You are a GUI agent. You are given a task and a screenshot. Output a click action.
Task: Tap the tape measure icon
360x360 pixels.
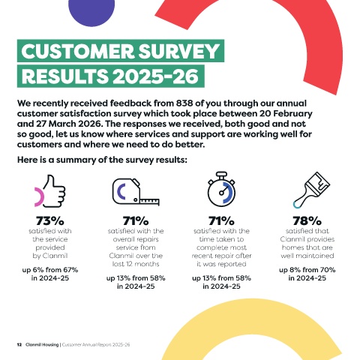pyautogui.click(x=136, y=192)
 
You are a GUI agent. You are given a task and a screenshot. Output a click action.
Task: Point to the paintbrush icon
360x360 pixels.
pyautogui.click(x=312, y=190)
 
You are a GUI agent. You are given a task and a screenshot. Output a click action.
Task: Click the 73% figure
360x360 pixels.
pyautogui.click(x=50, y=220)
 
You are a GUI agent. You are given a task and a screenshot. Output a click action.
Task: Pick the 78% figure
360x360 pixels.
pyautogui.click(x=307, y=220)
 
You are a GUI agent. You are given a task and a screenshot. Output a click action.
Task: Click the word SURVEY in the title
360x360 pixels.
pyautogui.click(x=179, y=51)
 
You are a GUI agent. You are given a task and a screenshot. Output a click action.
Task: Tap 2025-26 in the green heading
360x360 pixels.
pyautogui.click(x=155, y=76)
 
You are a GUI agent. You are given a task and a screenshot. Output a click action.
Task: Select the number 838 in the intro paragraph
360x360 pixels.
pyautogui.click(x=184, y=103)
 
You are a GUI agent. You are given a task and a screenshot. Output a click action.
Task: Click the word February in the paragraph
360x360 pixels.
pyautogui.click(x=292, y=114)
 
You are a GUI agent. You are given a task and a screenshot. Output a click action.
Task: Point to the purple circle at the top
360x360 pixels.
pyautogui.click(x=91, y=11)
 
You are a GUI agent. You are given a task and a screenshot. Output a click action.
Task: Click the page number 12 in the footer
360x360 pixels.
pyautogui.click(x=19, y=345)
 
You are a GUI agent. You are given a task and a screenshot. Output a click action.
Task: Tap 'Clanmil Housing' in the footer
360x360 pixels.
pyautogui.click(x=42, y=345)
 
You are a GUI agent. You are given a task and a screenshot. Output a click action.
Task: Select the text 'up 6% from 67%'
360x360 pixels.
pyautogui.click(x=50, y=270)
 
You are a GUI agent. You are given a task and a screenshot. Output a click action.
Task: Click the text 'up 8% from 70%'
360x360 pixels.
pyautogui.click(x=307, y=270)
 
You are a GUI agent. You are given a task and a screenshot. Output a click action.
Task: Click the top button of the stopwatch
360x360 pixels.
pyautogui.click(x=221, y=174)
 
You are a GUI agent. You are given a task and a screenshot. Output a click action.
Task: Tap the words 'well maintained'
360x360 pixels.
pyautogui.click(x=307, y=256)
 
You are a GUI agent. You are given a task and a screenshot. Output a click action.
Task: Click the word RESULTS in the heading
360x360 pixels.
pyautogui.click(x=65, y=76)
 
